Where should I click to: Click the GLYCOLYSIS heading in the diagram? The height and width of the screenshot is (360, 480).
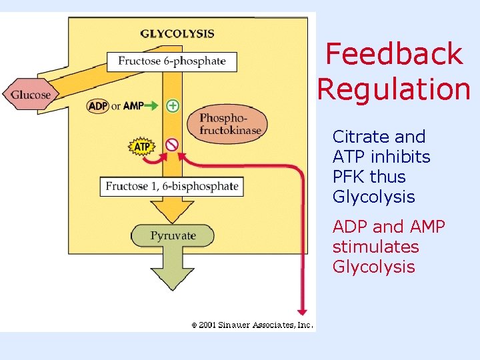click(x=177, y=33)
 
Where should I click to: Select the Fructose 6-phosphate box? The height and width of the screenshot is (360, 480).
click(x=172, y=61)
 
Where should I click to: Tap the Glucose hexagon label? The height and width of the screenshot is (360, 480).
click(x=30, y=95)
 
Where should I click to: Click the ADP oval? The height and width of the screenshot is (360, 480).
click(x=98, y=106)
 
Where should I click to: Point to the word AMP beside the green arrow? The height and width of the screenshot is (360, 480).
click(x=133, y=106)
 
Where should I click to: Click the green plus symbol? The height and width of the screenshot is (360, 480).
click(x=173, y=105)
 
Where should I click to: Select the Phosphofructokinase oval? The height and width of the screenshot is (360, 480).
click(x=231, y=124)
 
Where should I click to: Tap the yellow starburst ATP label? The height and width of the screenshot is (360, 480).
click(x=141, y=146)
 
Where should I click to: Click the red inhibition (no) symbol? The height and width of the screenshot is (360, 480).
click(x=172, y=144)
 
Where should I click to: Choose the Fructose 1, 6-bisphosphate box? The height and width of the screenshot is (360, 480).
click(x=172, y=186)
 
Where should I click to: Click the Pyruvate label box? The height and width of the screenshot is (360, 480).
click(x=173, y=235)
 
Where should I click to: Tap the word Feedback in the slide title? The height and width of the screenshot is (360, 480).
click(x=393, y=54)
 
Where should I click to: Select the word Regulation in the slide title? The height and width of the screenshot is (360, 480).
click(x=394, y=89)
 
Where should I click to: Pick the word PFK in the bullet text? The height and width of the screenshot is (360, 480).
click(x=349, y=177)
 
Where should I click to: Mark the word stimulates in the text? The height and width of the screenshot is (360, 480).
click(x=375, y=247)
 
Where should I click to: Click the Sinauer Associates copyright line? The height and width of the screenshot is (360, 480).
click(x=252, y=325)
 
